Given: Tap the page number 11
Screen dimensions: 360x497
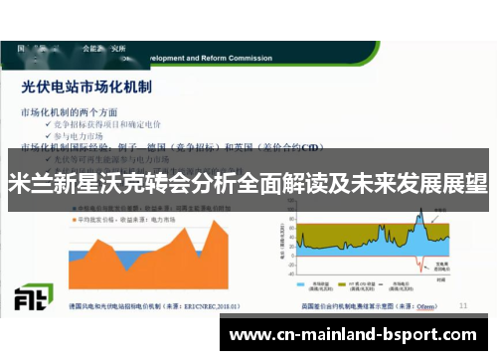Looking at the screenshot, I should click(x=463, y=304).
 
